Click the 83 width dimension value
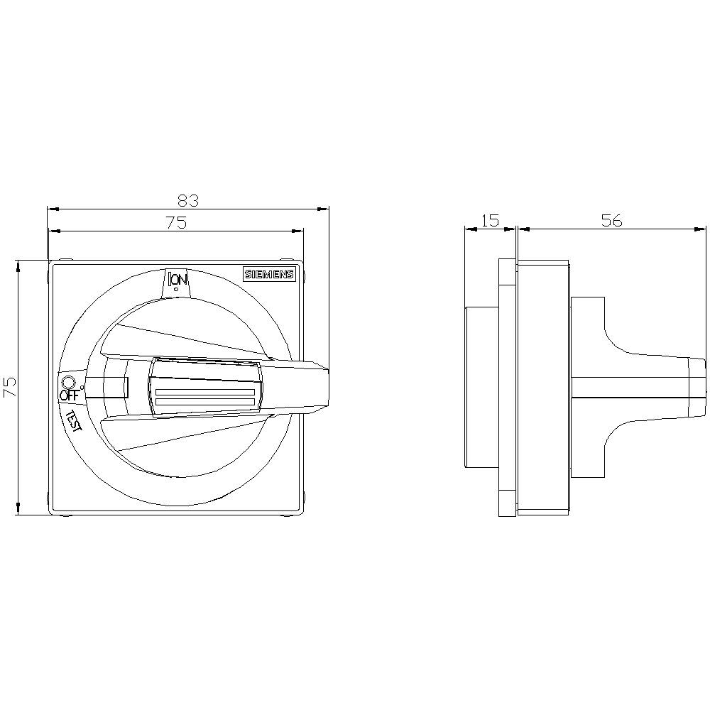point(188,201)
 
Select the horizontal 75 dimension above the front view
point(175,223)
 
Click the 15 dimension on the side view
point(490,221)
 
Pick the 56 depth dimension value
point(611,221)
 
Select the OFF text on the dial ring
point(69,395)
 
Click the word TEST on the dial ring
point(74,421)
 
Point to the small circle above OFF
point(68,381)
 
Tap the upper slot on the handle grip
point(204,392)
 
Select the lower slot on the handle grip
point(204,403)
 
